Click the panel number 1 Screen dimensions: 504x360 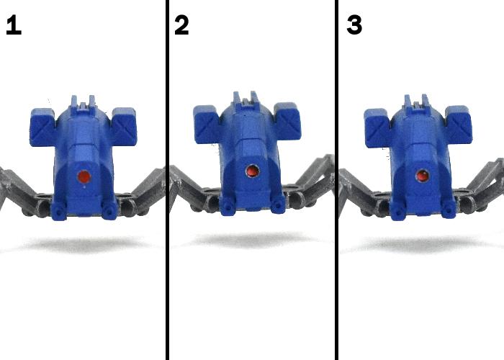click(14, 25)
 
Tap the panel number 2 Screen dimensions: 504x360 click(181, 25)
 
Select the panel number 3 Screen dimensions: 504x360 click(354, 25)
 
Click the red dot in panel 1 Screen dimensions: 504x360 click(84, 176)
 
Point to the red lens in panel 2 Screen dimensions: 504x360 click(252, 171)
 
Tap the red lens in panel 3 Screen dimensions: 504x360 click(422, 176)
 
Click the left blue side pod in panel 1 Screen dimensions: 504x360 click(42, 127)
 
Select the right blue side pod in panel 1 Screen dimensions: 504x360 click(125, 127)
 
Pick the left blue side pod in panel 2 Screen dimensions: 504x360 click(207, 124)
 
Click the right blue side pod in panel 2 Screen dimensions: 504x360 click(287, 122)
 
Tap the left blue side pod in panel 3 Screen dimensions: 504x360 click(378, 128)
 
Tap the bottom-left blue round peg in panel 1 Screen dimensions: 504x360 click(59, 212)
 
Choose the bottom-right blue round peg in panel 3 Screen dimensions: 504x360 click(448, 210)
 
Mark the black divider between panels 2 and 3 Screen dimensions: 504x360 click(336, 180)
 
